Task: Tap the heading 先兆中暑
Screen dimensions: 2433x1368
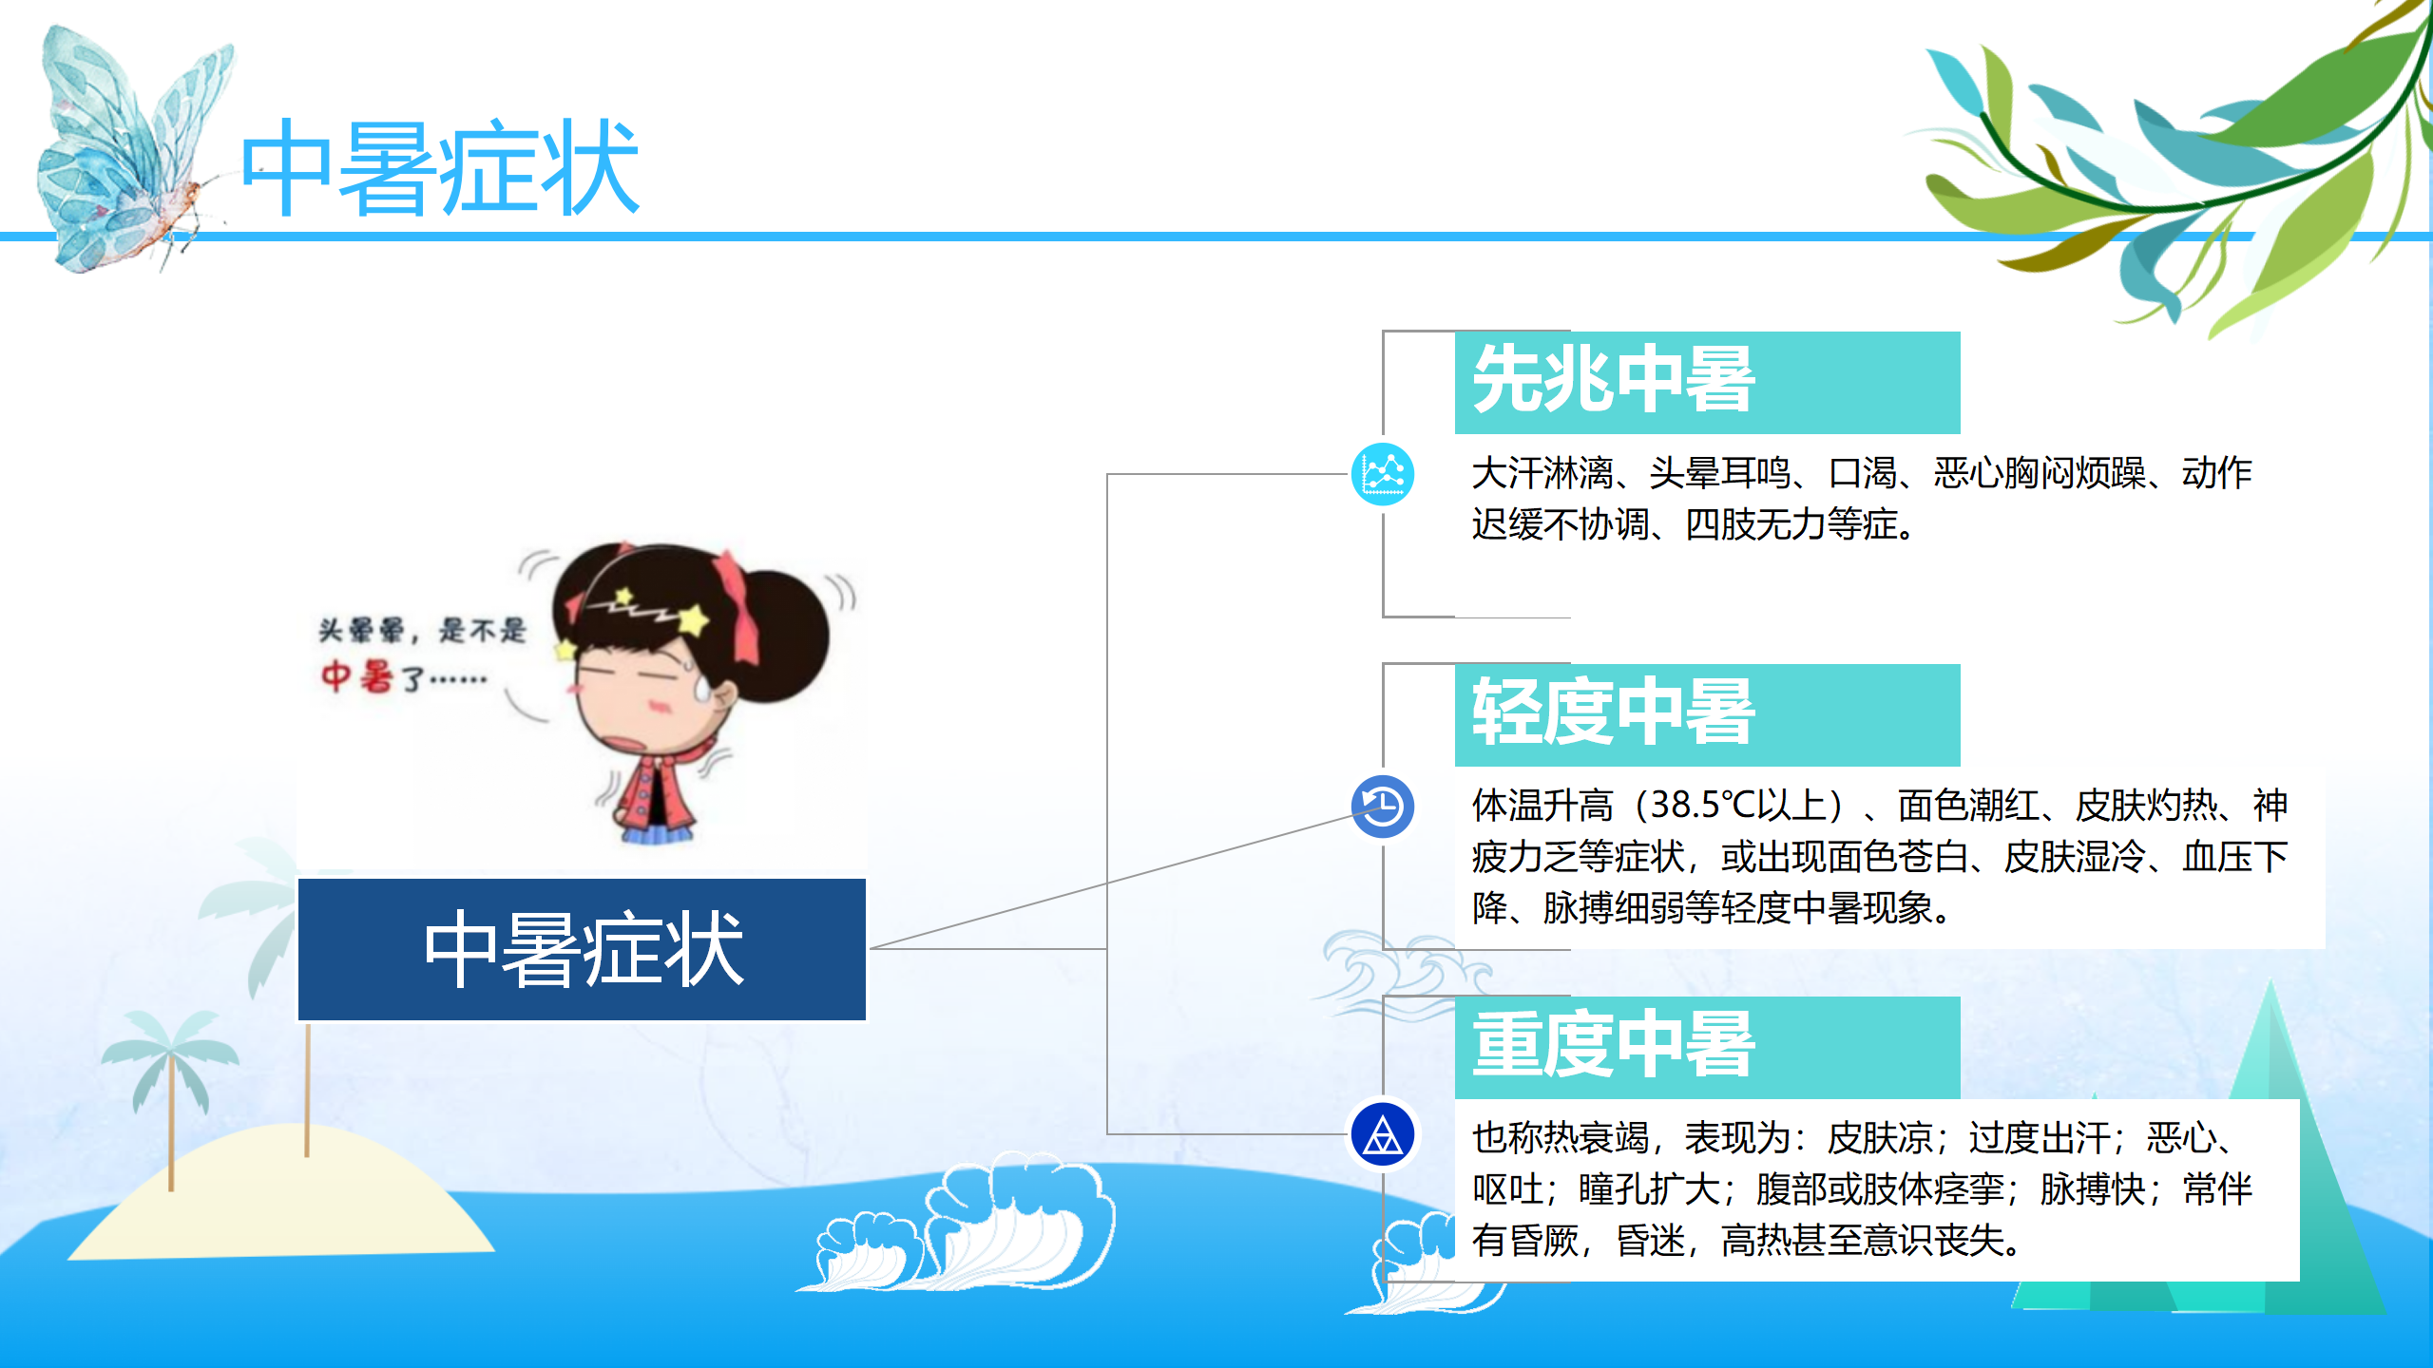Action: coord(1614,380)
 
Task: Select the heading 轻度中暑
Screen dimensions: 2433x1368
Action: coord(1614,712)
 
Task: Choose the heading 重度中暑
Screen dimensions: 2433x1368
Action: coord(1614,1045)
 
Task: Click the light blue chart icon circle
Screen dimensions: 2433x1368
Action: coord(1383,474)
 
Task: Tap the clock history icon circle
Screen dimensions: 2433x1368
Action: coord(1383,807)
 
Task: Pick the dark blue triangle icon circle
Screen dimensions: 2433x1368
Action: coord(1383,1134)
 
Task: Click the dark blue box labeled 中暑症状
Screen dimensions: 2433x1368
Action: coord(582,949)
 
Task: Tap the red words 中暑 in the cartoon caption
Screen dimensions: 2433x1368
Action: coord(356,676)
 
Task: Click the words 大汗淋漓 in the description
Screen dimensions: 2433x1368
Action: coord(1542,473)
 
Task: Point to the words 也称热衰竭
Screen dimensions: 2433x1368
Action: coord(1561,1138)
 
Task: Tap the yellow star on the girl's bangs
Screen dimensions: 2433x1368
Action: coord(694,619)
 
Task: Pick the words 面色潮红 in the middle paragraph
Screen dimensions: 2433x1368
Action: coord(1968,806)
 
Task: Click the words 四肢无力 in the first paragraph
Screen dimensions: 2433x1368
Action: coord(1755,524)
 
